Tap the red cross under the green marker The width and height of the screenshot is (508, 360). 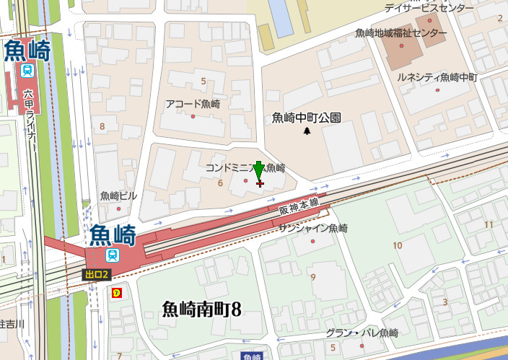pyautogui.click(x=260, y=184)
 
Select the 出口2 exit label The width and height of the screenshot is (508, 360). pyautogui.click(x=96, y=274)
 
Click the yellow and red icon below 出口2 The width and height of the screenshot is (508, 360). pyautogui.click(x=115, y=292)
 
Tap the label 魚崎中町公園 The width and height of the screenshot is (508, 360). pyautogui.click(x=307, y=118)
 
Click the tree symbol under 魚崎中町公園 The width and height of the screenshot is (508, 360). pyautogui.click(x=307, y=131)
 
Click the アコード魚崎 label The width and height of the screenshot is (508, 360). pyautogui.click(x=193, y=103)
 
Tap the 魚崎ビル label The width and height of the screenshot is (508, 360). pyautogui.click(x=118, y=196)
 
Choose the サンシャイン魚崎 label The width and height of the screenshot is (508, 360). pyautogui.click(x=313, y=229)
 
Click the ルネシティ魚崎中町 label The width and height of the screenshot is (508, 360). pyautogui.click(x=433, y=77)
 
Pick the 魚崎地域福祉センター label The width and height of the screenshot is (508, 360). pyautogui.click(x=401, y=34)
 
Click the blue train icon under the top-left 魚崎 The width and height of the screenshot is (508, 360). pyautogui.click(x=27, y=70)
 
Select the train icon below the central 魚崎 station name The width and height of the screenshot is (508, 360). pyautogui.click(x=113, y=255)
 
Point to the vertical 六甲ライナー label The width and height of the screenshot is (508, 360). pyautogui.click(x=29, y=119)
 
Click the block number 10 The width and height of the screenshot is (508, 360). pyautogui.click(x=397, y=246)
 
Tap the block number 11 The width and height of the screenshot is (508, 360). pyautogui.click(x=489, y=224)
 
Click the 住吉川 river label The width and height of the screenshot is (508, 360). pyautogui.click(x=12, y=322)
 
